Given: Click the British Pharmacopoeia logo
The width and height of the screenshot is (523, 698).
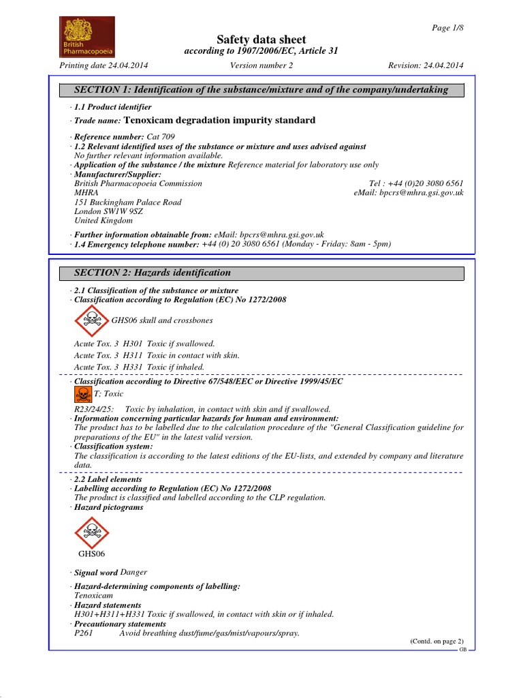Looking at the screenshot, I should coord(86,37).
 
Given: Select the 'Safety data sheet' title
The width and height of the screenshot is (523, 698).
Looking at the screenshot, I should coord(261,40).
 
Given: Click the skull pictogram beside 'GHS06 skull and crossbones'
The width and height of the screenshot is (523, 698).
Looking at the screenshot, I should coord(90,320).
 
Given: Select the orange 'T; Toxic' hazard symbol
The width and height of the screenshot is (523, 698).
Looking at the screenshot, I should coord(81,394).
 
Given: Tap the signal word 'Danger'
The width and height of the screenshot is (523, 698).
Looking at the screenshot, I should coord(133,572).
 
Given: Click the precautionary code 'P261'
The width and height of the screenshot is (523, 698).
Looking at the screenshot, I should coord(84,633).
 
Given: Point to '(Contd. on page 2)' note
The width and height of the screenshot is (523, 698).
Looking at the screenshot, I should coord(436,641).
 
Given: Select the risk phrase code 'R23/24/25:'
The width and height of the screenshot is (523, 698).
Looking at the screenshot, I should coord(94,408).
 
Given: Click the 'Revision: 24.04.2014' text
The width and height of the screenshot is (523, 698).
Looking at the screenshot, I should coord(426,65).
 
